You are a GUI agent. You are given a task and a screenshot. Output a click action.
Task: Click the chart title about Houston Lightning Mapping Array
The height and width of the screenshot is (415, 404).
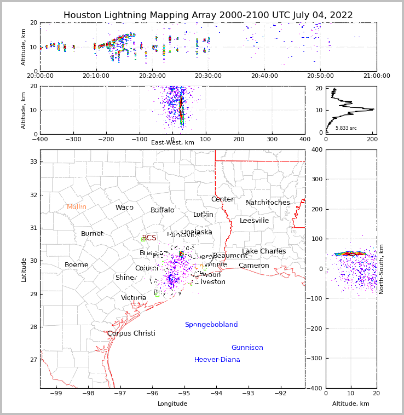click(x=208, y=15)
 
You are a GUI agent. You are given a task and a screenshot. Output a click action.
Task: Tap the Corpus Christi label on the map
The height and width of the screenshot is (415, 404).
click(x=131, y=333)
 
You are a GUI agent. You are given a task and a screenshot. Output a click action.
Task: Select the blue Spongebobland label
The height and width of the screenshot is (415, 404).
click(x=211, y=325)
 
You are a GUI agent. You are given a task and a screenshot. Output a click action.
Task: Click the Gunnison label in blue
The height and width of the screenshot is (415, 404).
click(x=247, y=348)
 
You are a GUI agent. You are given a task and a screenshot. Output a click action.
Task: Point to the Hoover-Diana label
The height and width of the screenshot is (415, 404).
click(x=217, y=360)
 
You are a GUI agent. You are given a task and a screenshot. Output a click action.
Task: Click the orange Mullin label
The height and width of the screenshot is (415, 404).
click(x=77, y=207)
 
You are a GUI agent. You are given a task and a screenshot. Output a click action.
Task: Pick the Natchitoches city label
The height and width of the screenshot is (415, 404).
click(x=268, y=203)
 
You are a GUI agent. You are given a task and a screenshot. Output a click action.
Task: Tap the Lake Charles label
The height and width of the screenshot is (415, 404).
click(x=264, y=251)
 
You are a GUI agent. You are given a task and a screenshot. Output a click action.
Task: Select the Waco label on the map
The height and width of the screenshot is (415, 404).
click(x=124, y=207)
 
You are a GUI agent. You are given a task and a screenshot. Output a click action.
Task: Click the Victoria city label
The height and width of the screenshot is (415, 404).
click(x=134, y=298)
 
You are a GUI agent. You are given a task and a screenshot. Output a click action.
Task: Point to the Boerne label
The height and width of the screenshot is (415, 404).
click(x=76, y=265)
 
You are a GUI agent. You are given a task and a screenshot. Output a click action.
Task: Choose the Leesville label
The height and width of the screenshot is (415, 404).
click(x=254, y=221)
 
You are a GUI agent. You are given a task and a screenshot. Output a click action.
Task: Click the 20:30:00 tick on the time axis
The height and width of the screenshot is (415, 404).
click(x=209, y=76)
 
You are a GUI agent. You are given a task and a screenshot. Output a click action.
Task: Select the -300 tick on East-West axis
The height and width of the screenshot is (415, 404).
click(x=73, y=140)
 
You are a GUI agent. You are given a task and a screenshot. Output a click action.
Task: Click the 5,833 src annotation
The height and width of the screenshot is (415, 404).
click(x=346, y=128)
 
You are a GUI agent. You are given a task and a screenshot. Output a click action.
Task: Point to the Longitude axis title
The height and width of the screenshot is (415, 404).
click(x=172, y=404)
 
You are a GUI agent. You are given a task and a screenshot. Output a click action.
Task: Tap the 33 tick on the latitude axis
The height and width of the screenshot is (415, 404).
click(x=33, y=162)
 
